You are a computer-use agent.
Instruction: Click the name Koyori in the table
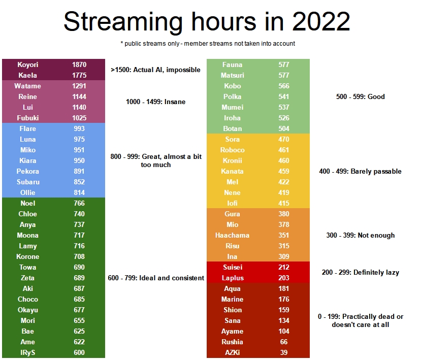27,64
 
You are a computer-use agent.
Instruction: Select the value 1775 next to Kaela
79,76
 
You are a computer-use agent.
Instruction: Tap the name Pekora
27,171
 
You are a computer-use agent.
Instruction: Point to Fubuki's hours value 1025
79,118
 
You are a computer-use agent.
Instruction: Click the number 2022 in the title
321,21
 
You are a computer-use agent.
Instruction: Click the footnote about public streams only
208,44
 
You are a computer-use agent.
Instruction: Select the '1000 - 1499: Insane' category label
156,102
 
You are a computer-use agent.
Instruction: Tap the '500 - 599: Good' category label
361,96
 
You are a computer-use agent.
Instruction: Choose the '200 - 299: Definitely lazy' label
361,273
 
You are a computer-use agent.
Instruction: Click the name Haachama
232,236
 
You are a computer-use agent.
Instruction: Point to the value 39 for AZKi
284,352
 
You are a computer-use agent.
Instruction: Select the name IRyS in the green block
27,352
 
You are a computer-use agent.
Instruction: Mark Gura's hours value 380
284,214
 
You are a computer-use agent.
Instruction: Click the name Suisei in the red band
233,268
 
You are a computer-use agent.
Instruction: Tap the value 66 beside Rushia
284,342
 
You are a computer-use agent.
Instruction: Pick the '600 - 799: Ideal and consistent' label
156,278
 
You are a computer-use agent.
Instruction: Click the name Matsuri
233,76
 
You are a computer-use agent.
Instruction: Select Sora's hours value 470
284,139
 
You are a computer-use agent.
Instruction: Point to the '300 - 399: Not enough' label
361,236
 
